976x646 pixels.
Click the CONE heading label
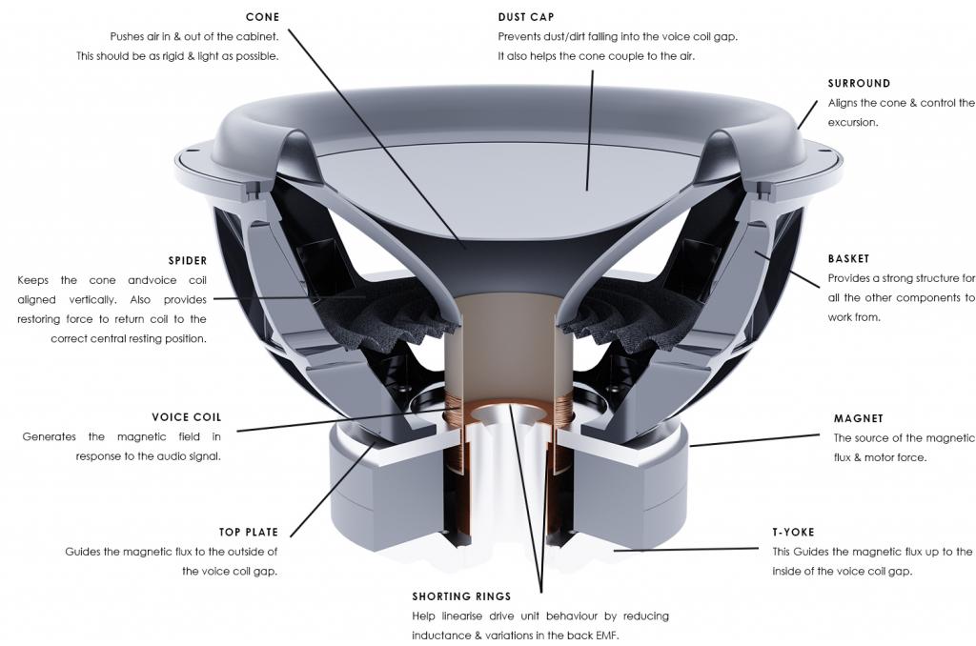pos(262,17)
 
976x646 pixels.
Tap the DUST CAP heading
pos(526,17)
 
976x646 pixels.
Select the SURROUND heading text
pos(859,84)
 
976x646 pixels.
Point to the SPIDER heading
pos(187,260)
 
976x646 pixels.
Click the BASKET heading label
pos(848,259)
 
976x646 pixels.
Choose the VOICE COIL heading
pos(186,417)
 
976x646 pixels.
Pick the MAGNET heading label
pos(858,418)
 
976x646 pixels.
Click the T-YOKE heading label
pos(793,532)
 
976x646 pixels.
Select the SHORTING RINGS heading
pos(461,596)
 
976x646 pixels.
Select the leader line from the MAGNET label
pos(753,440)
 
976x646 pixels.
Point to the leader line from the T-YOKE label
pos(686,550)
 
